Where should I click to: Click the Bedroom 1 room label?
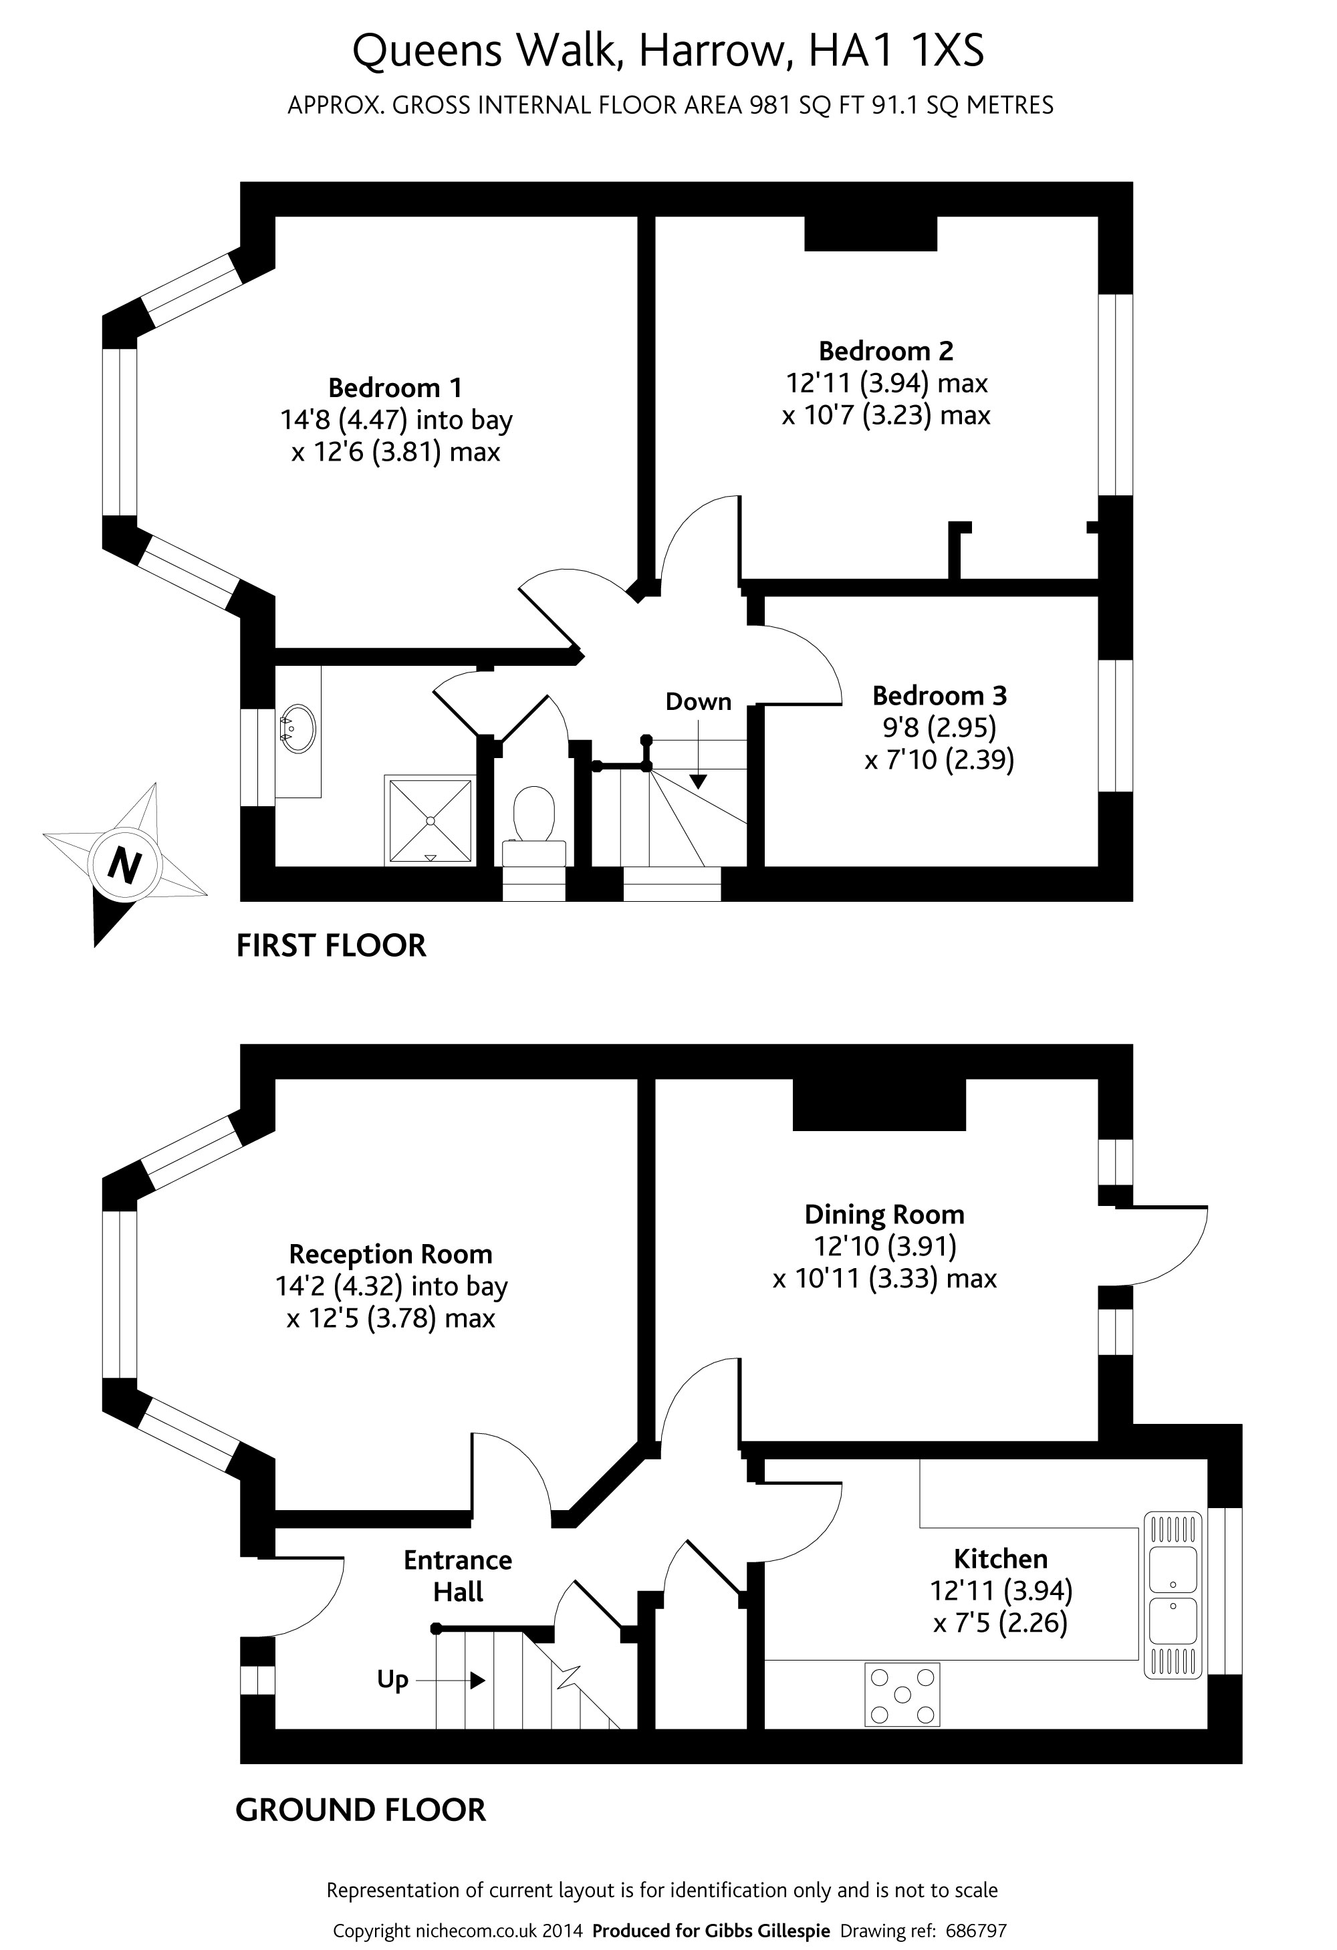pos(394,388)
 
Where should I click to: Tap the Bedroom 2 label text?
pos(886,351)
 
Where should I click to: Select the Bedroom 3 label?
pos(939,696)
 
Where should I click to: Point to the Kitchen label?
pos(1001,1558)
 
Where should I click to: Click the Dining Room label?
pos(884,1214)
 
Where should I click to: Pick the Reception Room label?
pos(390,1253)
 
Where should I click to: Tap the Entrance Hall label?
pos(457,1575)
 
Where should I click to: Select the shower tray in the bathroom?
pos(430,821)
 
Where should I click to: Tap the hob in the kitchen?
pos(902,1695)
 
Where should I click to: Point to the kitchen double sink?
pos(1173,1595)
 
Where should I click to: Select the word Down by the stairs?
pos(699,701)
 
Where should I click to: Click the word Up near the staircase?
pos(393,1680)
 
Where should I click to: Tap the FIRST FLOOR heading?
pos(331,946)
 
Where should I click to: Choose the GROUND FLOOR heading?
pos(361,1810)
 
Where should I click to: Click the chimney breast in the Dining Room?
pos(880,1104)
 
